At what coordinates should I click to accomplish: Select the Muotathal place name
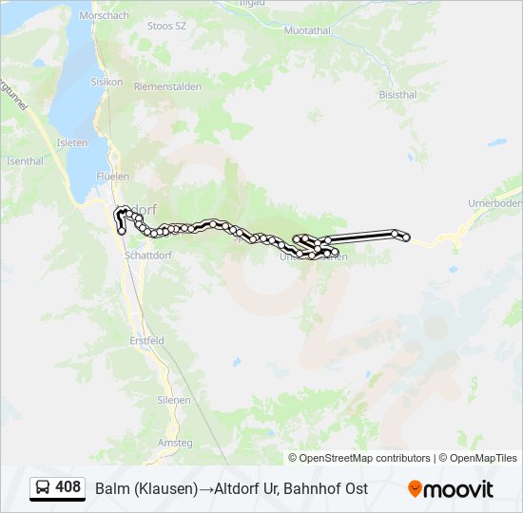coord(306,30)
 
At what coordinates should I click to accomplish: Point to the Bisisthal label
coord(397,95)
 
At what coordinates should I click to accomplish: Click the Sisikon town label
coord(107,82)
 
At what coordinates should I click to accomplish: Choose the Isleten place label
coord(72,142)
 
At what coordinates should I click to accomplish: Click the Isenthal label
coord(25,161)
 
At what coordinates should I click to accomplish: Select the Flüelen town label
coord(112,177)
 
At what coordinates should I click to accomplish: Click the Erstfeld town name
coord(146,340)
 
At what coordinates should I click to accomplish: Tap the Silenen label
coord(173,400)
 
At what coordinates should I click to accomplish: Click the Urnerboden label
coord(495,203)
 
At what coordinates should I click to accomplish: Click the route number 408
coord(68,487)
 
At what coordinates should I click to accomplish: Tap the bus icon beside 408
coord(42,488)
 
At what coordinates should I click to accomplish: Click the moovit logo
coord(451,489)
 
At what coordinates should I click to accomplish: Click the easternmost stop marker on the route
coord(407,237)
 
